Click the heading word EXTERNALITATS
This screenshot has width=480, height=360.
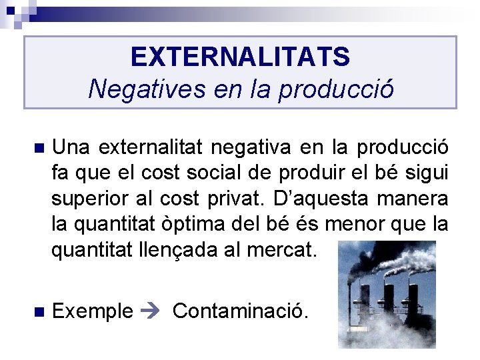240,57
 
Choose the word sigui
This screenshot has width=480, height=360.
431,173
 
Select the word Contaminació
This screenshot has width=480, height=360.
241,311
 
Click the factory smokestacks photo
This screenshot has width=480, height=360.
386,294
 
